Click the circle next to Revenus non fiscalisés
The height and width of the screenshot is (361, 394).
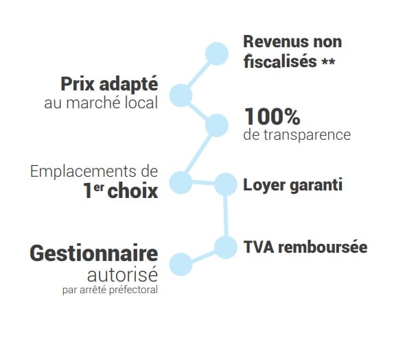pyautogui.click(x=217, y=53)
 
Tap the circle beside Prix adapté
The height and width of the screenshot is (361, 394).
pyautogui.click(x=181, y=95)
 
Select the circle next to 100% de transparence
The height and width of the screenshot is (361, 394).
pyautogui.click(x=217, y=125)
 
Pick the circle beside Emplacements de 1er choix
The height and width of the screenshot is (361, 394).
pyautogui.click(x=181, y=182)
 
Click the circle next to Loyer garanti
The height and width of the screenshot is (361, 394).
pyautogui.click(x=226, y=184)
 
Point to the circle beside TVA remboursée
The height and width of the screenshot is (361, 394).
pyautogui.click(x=226, y=247)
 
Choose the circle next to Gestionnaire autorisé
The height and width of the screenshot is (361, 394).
pyautogui.click(x=181, y=264)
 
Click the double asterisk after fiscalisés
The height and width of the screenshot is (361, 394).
pyautogui.click(x=328, y=62)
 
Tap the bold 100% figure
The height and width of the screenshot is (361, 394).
pyautogui.click(x=273, y=116)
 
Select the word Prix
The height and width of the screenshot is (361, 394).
pyautogui.click(x=78, y=84)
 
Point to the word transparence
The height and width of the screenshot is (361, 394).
pyautogui.click(x=307, y=135)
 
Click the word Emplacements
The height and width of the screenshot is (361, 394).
pyautogui.click(x=80, y=173)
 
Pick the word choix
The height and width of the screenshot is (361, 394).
pyautogui.click(x=132, y=191)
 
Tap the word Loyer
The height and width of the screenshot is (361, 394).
pyautogui.click(x=264, y=186)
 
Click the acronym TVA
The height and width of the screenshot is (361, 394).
pyautogui.click(x=259, y=247)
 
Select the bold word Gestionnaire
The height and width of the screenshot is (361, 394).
pyautogui.click(x=94, y=253)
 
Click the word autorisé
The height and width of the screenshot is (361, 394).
pyautogui.click(x=123, y=275)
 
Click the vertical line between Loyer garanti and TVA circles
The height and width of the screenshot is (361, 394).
pyautogui.click(x=226, y=216)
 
